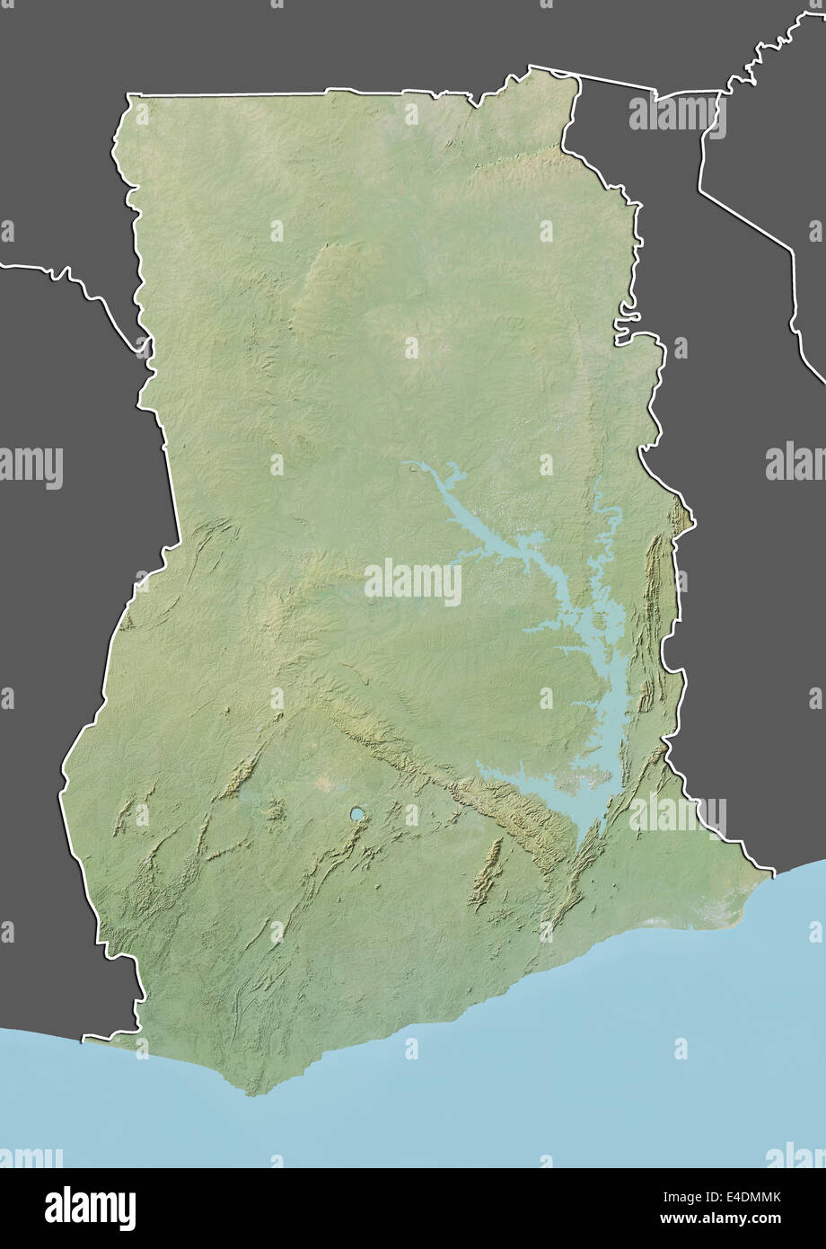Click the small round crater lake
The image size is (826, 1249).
tap(357, 814)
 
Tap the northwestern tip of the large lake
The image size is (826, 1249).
tap(407, 465)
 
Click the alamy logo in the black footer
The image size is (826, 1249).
tap(90, 1208)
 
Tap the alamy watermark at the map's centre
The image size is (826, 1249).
tap(413, 582)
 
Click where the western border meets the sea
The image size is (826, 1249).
tap(85, 1040)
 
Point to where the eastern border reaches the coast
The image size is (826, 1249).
tap(772, 870)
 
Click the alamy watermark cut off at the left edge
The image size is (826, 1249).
tap(31, 467)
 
